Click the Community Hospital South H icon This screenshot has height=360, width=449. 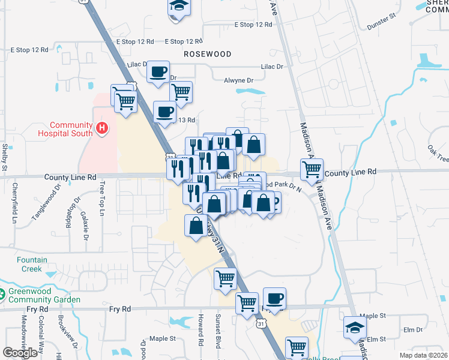tap(103, 128)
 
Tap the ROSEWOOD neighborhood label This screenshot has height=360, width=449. tap(208, 54)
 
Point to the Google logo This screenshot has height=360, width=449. tap(20, 352)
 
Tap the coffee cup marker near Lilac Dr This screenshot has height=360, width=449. tap(158, 72)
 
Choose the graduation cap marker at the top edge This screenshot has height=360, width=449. tap(178, 7)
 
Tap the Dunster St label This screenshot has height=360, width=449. tap(382, 22)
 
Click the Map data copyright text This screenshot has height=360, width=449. tap(424, 355)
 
